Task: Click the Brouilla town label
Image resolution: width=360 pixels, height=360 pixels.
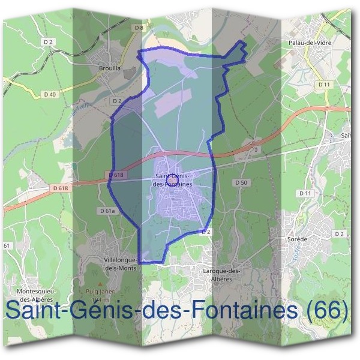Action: (110, 68)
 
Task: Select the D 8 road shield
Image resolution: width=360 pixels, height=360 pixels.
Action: (139, 28)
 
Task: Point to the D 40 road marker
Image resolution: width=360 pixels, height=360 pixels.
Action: (50, 95)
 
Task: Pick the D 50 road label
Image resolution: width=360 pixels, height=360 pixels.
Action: (241, 182)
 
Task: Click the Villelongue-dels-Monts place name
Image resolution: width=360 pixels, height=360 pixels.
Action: (120, 264)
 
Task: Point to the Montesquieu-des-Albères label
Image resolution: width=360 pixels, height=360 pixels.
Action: (36, 294)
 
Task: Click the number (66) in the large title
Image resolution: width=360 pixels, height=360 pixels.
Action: (327, 310)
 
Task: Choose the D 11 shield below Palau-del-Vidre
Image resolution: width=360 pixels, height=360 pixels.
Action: (325, 85)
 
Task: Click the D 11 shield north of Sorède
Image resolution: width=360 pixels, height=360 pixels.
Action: (306, 193)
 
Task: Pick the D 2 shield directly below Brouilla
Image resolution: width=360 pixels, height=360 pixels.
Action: (117, 100)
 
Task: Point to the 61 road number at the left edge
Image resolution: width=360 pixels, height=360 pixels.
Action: (7, 246)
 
